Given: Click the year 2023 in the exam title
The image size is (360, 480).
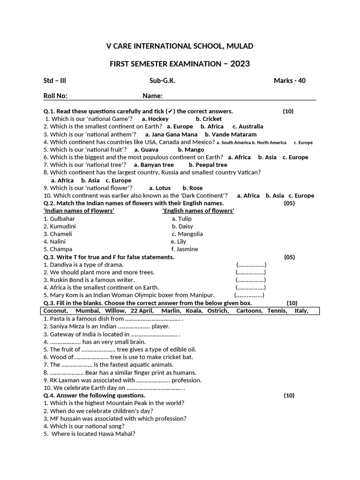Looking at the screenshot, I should tap(237, 63).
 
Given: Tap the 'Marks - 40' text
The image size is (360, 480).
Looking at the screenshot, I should tap(289, 81).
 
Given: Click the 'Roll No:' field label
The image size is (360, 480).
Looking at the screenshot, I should tap(55, 96).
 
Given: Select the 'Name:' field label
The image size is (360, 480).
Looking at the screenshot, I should tap(152, 96).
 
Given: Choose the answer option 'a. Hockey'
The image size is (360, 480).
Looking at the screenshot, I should tap(155, 119).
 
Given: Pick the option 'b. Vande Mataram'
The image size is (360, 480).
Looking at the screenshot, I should tap(231, 135).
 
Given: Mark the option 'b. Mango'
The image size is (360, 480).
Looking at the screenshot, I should tap(191, 150).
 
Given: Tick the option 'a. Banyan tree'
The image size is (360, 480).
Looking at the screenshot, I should tap(154, 165).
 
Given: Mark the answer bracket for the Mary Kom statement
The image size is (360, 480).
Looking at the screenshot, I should tap(249, 295).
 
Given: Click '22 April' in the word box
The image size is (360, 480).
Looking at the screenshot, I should tap(142, 311).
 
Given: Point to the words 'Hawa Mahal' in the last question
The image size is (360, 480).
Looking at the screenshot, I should tap(120, 434).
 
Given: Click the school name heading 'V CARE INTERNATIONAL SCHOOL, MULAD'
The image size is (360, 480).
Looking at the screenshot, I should tap(180, 46).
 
